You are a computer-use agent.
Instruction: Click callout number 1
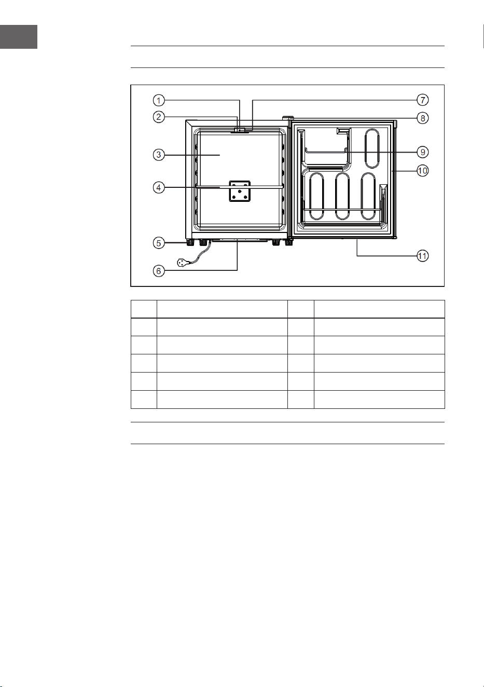(x=159, y=100)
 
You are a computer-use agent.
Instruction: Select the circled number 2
(x=159, y=117)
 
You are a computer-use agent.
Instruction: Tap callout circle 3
(x=159, y=155)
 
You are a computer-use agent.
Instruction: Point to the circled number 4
(x=159, y=187)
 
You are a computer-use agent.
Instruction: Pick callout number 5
(x=159, y=243)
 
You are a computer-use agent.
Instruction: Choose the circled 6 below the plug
(x=159, y=271)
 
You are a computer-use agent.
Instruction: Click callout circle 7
(x=423, y=100)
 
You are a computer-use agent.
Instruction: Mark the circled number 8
(x=423, y=118)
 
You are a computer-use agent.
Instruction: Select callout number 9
(x=423, y=152)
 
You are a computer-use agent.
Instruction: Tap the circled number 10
(x=423, y=171)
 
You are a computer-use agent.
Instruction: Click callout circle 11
(x=423, y=256)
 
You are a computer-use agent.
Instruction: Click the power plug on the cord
(x=183, y=263)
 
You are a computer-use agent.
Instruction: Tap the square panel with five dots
(x=240, y=191)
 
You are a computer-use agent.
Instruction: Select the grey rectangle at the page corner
(x=19, y=37)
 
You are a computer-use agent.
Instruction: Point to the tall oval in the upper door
(x=372, y=148)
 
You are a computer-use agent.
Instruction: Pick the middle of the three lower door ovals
(x=342, y=196)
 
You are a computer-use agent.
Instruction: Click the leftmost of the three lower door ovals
(x=316, y=196)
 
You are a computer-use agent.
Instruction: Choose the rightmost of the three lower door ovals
(x=368, y=196)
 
